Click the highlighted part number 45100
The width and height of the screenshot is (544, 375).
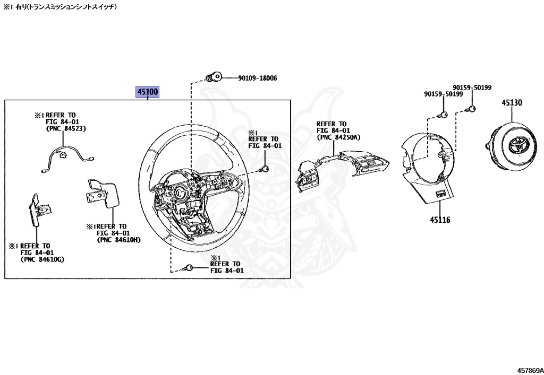tap(148, 92)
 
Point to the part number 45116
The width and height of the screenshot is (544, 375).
tap(439, 220)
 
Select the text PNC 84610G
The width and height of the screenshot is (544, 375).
tap(42, 260)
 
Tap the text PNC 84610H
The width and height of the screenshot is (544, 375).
tap(120, 240)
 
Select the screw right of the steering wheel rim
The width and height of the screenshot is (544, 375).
tap(263, 169)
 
